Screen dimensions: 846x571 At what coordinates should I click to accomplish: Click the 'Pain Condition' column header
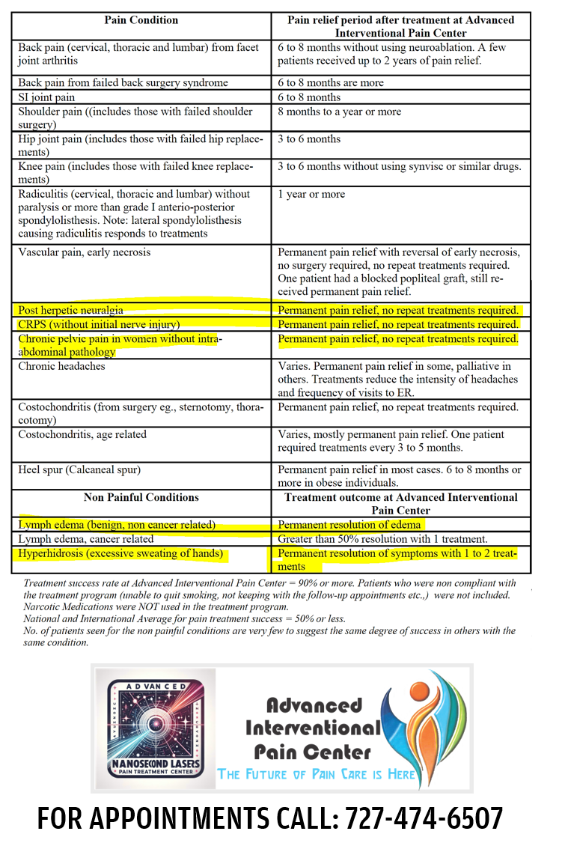141,20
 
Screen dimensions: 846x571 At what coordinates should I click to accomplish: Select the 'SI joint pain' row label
47,97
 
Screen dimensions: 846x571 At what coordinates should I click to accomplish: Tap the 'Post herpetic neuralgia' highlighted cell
71,310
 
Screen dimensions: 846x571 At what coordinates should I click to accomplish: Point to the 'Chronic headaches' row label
62,367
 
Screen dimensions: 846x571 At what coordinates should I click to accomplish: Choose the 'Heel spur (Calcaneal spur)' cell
79,470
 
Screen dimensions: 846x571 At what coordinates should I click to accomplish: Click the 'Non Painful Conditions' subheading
141,497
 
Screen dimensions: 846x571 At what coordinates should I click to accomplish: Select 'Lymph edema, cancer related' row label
86,539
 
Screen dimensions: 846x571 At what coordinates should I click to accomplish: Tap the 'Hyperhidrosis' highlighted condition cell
121,554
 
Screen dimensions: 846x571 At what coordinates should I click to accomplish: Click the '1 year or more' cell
311,195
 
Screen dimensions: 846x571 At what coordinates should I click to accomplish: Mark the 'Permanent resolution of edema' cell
349,525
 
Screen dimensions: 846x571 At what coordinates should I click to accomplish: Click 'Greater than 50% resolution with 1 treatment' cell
382,539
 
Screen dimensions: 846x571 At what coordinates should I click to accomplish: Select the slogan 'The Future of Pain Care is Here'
317,774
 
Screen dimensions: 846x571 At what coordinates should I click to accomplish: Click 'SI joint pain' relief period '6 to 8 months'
309,97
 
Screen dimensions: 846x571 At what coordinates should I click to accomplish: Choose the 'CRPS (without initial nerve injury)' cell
100,325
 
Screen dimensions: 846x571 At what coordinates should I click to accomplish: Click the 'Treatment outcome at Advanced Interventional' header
400,503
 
